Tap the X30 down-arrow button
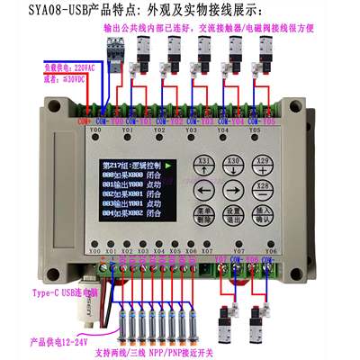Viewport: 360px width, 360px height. pyautogui.click(x=232, y=165)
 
